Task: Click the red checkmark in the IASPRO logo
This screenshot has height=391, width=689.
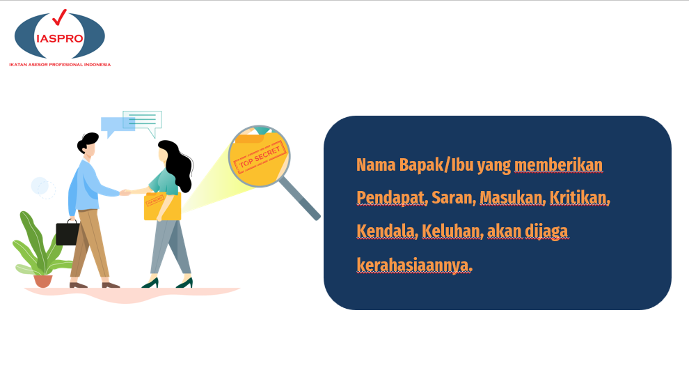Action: [x=59, y=17]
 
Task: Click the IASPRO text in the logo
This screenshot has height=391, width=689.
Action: [x=60, y=39]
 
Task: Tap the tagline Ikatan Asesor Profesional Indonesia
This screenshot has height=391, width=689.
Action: [x=60, y=65]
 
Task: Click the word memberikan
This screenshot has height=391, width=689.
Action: [x=558, y=165]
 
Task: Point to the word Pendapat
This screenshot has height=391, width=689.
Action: [x=391, y=199]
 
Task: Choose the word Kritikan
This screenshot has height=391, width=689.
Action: [x=579, y=198]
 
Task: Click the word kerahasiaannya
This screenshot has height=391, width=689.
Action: [x=414, y=266]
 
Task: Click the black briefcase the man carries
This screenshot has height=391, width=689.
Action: [x=68, y=233]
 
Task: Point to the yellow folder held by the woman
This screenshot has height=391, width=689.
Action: [x=162, y=206]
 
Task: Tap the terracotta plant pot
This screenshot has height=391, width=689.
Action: [x=43, y=281]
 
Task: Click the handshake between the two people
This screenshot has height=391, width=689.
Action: [x=125, y=192]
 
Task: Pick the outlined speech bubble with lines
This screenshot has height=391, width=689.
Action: [x=143, y=122]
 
